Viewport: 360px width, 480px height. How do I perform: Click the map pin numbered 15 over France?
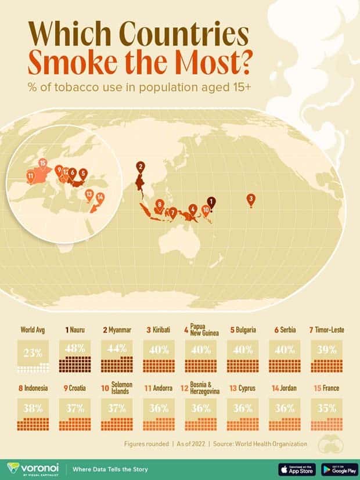click(x=42, y=164)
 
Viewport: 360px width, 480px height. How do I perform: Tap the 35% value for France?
click(x=327, y=407)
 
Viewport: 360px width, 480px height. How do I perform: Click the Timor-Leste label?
click(x=329, y=330)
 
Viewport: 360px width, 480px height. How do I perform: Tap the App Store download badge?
click(x=295, y=468)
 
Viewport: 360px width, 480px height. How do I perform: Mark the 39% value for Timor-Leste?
click(x=327, y=349)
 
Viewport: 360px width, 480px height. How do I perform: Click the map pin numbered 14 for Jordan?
click(x=100, y=198)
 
